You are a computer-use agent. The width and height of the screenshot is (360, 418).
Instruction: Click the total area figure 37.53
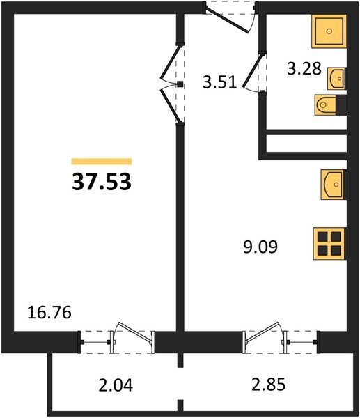[102, 182]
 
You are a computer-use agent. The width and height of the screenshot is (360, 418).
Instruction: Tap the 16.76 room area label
[49, 312]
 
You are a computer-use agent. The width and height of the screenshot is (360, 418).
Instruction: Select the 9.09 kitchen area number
[260, 247]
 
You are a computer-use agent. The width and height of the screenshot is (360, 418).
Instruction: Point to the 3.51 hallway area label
[219, 82]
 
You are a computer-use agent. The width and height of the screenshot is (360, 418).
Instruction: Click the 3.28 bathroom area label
[304, 68]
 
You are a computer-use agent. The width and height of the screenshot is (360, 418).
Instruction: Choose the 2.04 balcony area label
[116, 385]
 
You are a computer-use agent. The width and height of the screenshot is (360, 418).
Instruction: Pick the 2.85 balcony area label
[268, 385]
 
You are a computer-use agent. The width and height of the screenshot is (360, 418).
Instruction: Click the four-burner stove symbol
[330, 243]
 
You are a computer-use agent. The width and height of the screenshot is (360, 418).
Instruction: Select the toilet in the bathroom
[331, 104]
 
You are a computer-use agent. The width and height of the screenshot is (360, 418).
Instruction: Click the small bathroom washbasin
[336, 78]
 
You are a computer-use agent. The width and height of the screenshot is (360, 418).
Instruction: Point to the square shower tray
[329, 31]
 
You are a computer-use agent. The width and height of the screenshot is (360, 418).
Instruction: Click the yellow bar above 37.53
[102, 162]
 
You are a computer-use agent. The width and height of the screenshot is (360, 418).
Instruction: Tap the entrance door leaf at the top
[228, 21]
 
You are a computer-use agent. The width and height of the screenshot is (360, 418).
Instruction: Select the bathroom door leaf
[252, 70]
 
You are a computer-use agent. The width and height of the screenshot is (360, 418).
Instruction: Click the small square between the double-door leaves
[180, 84]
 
